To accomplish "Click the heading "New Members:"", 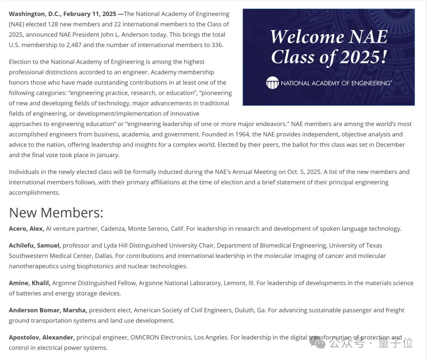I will pos(56,213).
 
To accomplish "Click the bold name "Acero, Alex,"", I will pos(26,228).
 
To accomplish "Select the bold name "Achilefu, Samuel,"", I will pos(35,245).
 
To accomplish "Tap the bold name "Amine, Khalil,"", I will pos(30,283).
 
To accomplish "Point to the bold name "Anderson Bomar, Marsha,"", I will pos(48,310).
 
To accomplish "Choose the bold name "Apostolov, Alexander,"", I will pos(42,337).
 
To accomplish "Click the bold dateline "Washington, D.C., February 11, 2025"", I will pos(62,14).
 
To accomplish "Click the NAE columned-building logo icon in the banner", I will pos(272,83).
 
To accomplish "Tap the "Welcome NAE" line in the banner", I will pos(329,37).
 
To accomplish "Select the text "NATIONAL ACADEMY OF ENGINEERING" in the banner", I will pos(335,83).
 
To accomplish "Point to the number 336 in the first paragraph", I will pos(217,45).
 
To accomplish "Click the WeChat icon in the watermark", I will pos(317,342).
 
